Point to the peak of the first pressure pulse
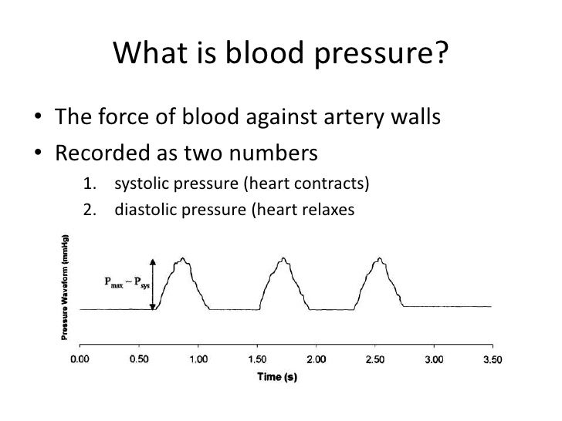coord(183,259)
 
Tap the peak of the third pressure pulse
coord(379,259)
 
